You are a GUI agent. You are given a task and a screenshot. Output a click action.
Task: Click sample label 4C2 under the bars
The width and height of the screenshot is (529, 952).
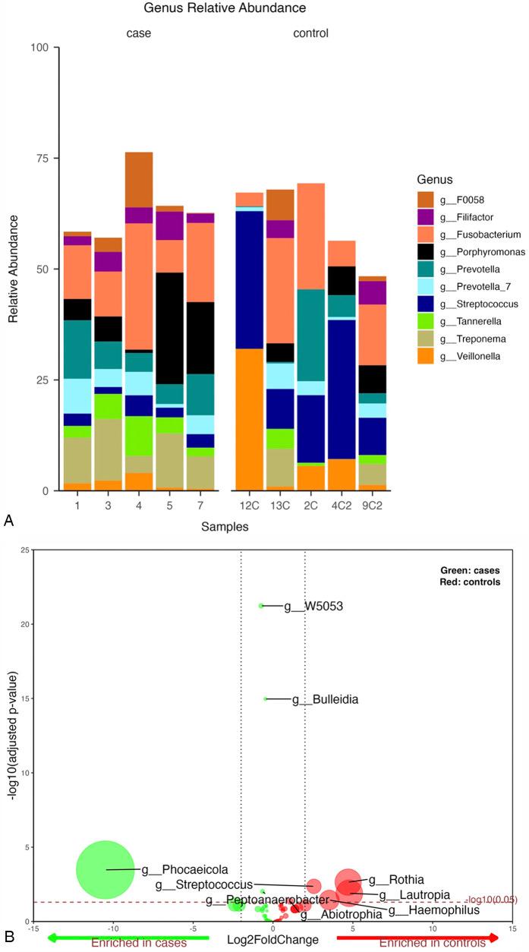341,505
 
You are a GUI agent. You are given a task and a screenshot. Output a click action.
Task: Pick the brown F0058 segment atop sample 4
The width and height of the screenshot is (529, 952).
139,180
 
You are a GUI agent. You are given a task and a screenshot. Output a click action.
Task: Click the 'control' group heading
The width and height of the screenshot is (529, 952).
310,33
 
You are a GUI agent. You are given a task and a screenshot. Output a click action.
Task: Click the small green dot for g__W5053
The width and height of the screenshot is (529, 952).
261,606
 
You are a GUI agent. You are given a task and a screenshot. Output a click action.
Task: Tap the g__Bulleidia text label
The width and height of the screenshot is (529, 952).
326,699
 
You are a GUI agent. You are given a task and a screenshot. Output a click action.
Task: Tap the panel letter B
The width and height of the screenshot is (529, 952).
10,938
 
